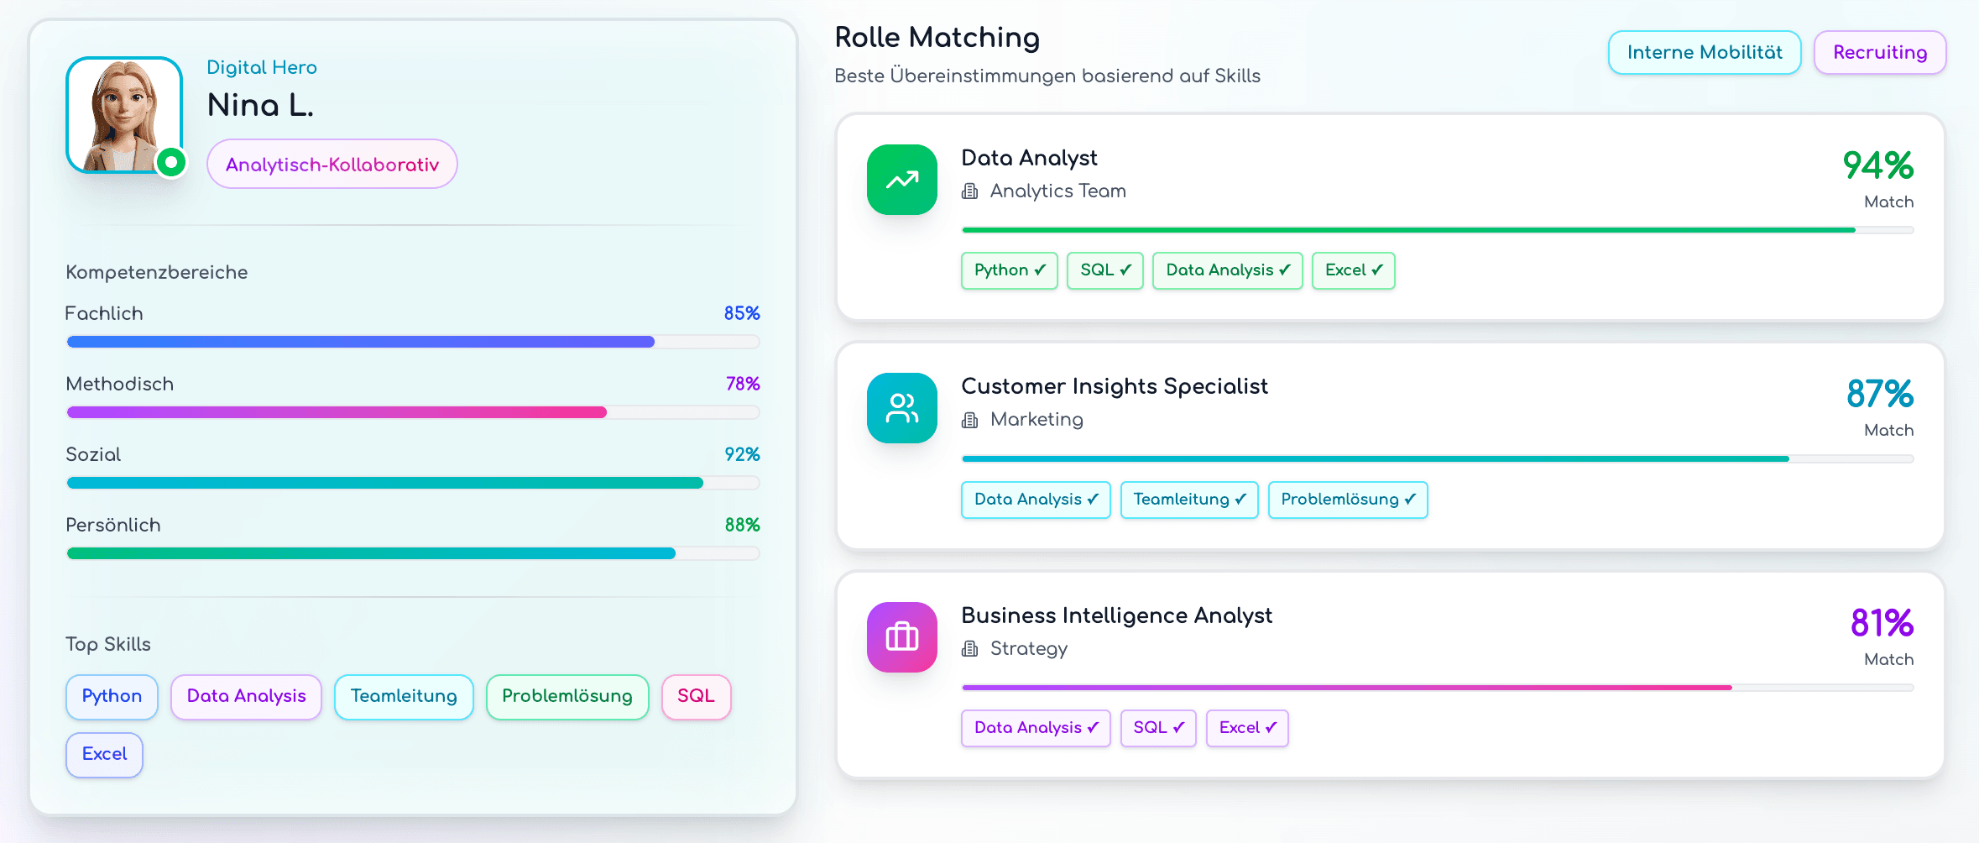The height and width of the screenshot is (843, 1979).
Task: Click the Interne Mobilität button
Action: (x=1704, y=53)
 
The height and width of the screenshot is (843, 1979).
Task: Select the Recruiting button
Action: (x=1879, y=53)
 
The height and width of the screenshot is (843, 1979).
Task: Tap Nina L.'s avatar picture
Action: (x=124, y=115)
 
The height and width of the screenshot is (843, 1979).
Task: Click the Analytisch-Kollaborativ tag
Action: (x=332, y=165)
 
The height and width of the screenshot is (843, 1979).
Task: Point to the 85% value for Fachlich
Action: (x=742, y=313)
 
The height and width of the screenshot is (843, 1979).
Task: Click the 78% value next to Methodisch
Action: (x=743, y=384)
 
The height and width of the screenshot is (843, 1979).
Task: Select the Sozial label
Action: (x=93, y=454)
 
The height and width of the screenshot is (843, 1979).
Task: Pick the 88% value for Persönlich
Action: (x=742, y=525)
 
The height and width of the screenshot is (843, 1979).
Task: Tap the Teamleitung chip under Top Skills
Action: (x=404, y=696)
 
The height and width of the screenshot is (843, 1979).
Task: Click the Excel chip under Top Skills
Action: (x=104, y=754)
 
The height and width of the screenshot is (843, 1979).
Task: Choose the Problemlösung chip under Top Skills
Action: (x=567, y=696)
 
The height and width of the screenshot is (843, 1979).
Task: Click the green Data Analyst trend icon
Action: (x=901, y=180)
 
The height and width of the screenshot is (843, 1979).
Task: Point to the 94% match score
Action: (x=1877, y=165)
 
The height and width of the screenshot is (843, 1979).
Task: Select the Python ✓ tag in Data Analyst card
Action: (x=1009, y=270)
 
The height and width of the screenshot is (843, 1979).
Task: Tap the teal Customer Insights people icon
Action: (x=901, y=408)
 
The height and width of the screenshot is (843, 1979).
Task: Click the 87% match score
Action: (x=1879, y=394)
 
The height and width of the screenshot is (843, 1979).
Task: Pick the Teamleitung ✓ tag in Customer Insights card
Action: (x=1188, y=500)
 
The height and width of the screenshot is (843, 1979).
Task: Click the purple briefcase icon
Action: (x=901, y=636)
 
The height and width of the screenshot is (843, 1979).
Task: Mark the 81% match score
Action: (x=1881, y=623)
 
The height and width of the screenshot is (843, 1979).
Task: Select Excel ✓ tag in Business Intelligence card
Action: (x=1246, y=728)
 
